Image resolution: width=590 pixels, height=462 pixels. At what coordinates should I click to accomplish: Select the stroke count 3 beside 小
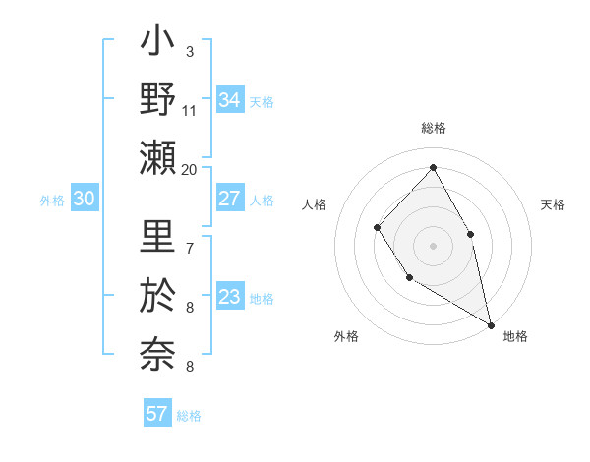(x=189, y=52)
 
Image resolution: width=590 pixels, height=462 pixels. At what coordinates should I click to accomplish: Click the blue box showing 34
(x=230, y=100)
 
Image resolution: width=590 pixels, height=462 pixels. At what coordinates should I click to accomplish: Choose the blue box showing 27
(x=230, y=199)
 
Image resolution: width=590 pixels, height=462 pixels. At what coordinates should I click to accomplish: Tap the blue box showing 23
(x=230, y=298)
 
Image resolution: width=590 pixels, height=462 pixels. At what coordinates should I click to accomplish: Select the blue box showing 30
(x=85, y=199)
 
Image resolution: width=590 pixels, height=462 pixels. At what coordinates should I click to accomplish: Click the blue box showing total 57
(x=157, y=414)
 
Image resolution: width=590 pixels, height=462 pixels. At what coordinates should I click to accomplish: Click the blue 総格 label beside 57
(x=189, y=416)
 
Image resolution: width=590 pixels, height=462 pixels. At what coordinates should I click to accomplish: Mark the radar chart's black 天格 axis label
(x=553, y=204)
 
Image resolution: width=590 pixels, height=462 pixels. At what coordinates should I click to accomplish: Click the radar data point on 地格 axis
(x=491, y=323)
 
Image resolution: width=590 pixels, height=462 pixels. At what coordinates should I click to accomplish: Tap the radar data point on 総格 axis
(x=433, y=167)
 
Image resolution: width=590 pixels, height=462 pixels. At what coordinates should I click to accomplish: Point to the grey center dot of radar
(x=433, y=245)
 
